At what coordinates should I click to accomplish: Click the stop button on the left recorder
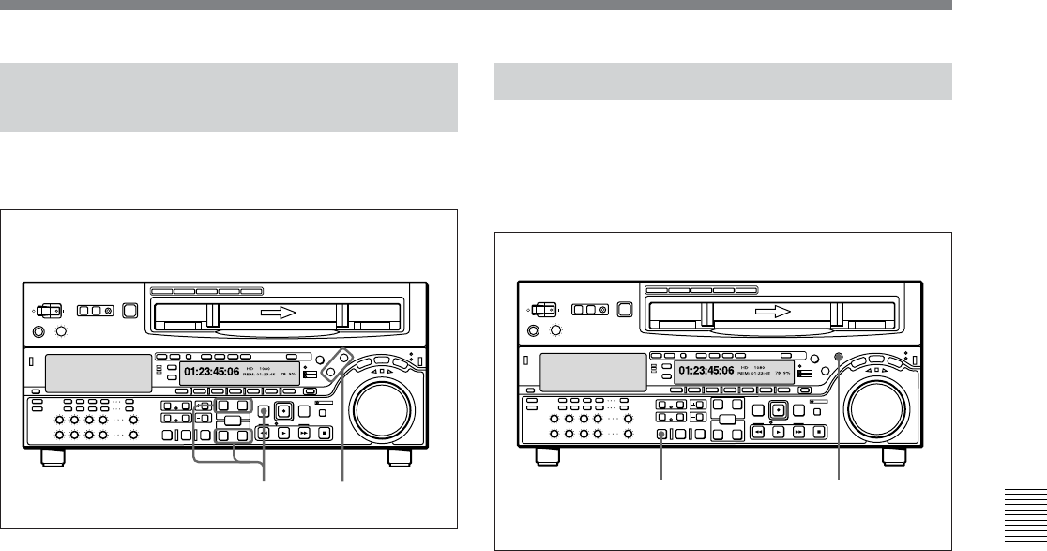click(324, 433)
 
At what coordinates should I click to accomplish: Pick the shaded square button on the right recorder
click(662, 434)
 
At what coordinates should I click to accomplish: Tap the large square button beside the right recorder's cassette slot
click(624, 309)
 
